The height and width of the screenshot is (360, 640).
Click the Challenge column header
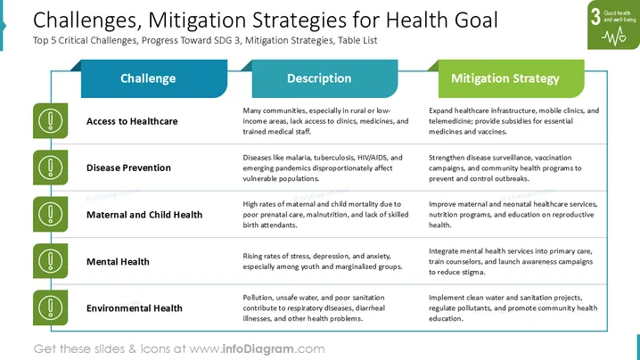click(x=148, y=78)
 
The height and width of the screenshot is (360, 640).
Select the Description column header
click(x=319, y=78)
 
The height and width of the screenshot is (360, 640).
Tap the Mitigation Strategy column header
click(x=505, y=78)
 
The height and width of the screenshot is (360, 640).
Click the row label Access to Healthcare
click(x=132, y=121)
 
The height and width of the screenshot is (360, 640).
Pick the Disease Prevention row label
click(x=128, y=168)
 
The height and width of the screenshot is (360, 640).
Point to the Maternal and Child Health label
click(x=144, y=215)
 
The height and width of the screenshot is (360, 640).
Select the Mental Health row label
click(x=118, y=262)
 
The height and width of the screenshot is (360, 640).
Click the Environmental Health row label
click(x=135, y=308)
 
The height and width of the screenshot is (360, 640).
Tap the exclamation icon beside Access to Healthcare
click(x=50, y=121)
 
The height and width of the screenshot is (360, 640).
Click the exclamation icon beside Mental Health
click(x=50, y=261)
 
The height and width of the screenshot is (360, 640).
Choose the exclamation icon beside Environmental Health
click(x=50, y=307)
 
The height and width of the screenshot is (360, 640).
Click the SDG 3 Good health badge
click(x=613, y=25)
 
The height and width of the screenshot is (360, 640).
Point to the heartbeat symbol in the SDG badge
click(x=614, y=37)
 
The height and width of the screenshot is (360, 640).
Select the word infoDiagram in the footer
click(x=258, y=349)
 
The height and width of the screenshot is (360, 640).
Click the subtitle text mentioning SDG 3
click(x=205, y=40)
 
